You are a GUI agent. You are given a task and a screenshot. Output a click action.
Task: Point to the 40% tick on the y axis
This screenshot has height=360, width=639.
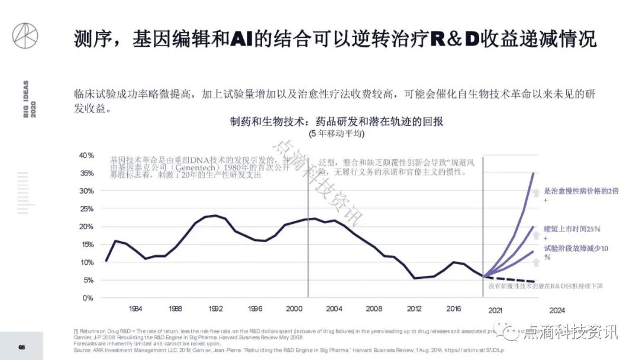point(87,156)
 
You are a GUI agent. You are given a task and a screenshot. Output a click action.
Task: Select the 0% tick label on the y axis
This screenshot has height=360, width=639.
point(89,298)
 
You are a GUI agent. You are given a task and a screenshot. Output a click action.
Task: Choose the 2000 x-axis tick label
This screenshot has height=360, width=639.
point(294,309)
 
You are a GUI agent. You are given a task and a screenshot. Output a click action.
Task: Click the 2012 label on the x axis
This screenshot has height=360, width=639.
point(414,309)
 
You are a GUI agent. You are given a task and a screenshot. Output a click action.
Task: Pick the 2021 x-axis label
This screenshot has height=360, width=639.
point(495,310)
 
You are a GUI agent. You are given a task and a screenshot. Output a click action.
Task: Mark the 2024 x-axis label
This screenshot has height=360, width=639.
point(557,310)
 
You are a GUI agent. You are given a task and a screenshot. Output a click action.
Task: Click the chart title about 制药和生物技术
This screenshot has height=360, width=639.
point(337,121)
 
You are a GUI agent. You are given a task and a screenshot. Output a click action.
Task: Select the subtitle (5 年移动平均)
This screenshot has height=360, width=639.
point(337,134)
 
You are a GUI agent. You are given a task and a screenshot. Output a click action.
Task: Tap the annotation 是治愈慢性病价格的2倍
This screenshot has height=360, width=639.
point(577,191)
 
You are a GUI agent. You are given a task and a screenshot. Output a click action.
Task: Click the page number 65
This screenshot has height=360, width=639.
point(21,346)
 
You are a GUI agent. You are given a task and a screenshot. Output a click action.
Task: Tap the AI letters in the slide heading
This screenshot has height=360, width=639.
point(243,39)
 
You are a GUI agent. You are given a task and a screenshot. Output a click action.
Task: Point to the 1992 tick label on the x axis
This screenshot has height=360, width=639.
point(215,309)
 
